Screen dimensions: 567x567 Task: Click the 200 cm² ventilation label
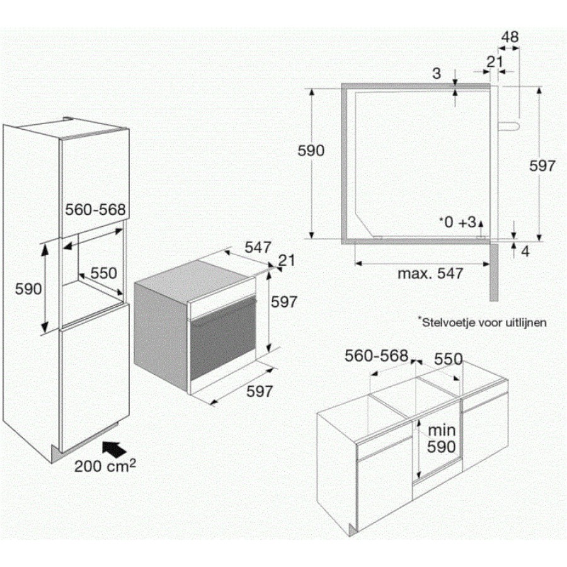pos(105,466)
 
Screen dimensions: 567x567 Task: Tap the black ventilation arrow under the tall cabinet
pos(114,449)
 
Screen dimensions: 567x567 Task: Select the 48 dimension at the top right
pos(510,37)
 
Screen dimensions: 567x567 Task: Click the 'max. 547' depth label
pos(430,273)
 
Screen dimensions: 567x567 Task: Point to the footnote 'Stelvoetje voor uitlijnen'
pos(483,322)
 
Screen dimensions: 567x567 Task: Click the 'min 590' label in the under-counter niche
pos(442,438)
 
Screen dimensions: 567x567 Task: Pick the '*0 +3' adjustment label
pos(458,222)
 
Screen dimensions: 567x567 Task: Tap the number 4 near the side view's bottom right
pos(525,251)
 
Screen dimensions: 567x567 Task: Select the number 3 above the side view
pos(437,74)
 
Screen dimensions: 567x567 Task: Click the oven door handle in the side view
pos(509,125)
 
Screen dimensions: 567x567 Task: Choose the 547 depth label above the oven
pos(258,248)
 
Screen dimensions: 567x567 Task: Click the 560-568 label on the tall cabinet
pos(96,209)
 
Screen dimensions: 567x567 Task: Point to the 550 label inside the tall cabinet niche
pos(104,273)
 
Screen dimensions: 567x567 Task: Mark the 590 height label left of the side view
pos(311,151)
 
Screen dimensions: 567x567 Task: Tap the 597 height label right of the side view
pos(542,166)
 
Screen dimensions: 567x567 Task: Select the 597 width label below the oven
pos(260,391)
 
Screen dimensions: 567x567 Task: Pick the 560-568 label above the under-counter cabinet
pos(377,356)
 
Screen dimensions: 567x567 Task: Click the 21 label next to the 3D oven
pos(287,260)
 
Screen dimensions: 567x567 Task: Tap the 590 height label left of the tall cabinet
pos(28,289)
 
